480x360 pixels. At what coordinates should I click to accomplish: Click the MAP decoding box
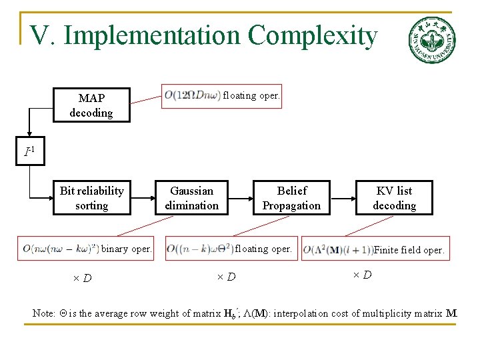coord(91,105)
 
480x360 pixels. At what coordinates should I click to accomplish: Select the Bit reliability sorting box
coord(91,198)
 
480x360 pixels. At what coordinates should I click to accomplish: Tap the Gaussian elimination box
coord(191,198)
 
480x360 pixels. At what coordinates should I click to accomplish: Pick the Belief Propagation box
coord(291,198)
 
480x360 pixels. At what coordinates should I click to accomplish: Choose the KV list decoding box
coord(394,198)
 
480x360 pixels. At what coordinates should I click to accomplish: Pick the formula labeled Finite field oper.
coord(338,251)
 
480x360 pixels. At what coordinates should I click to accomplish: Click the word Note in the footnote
coord(43,313)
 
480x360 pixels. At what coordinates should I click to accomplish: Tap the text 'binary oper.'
coord(126,249)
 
